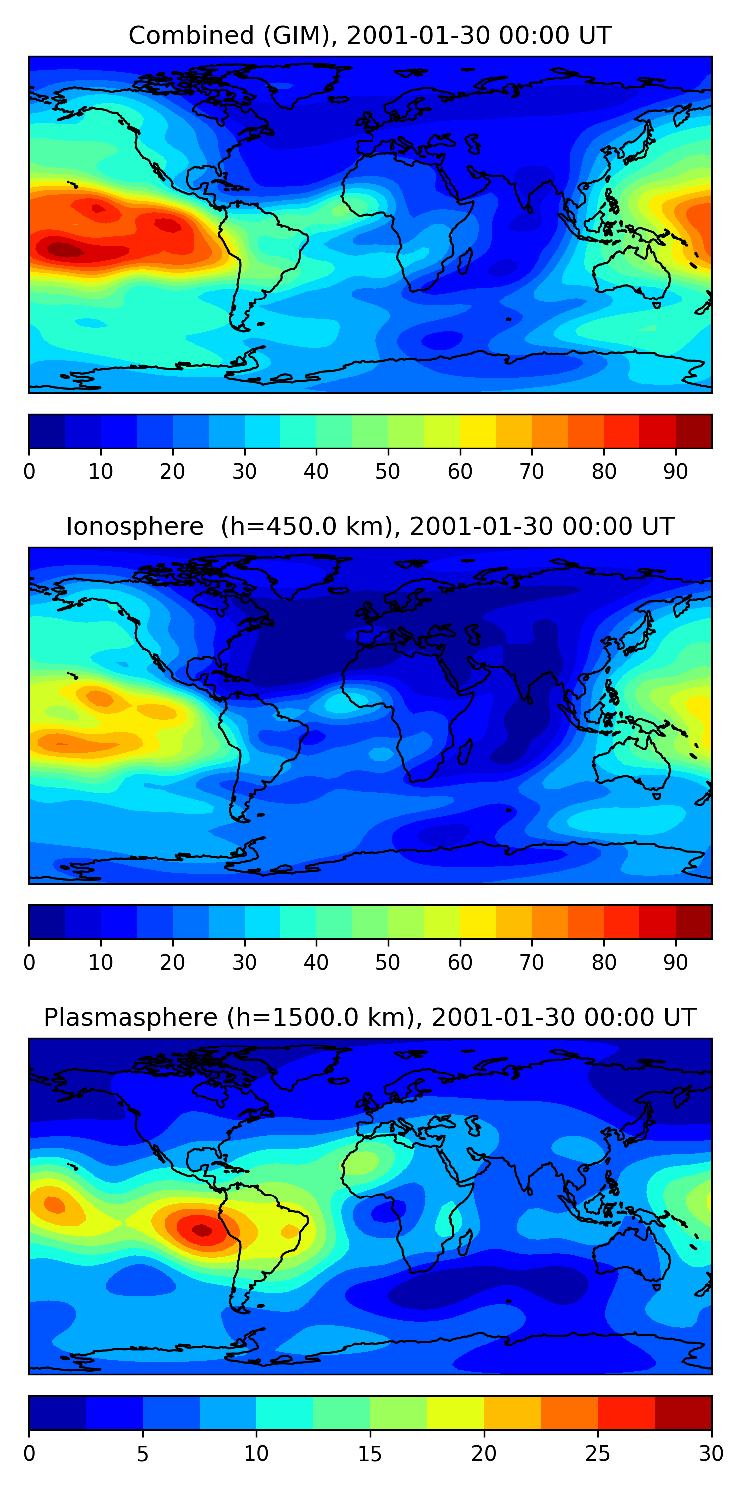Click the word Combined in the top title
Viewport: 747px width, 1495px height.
pos(191,35)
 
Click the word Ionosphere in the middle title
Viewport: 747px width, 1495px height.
pos(134,526)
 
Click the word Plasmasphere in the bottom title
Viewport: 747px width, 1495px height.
pos(130,1018)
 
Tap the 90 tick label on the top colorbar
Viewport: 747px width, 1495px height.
pos(676,472)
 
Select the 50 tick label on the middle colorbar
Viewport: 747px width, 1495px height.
pos(388,963)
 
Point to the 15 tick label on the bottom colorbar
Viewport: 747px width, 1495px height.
pos(370,1454)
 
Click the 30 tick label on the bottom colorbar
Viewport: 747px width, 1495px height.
pos(711,1454)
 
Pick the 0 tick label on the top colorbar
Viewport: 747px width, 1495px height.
pos(29,472)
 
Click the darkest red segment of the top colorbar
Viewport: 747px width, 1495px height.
pos(694,431)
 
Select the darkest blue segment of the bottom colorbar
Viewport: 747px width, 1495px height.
pos(57,1413)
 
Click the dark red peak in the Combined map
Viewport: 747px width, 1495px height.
pos(64,250)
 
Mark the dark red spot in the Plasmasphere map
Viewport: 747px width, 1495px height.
pos(202,1230)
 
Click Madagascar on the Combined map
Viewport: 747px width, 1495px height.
pos(465,262)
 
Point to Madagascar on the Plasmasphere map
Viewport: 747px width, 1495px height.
pos(465,1243)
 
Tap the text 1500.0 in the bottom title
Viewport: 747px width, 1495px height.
pos(307,1018)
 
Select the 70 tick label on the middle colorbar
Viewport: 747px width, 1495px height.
pos(532,963)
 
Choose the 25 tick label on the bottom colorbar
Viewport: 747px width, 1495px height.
pos(598,1454)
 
